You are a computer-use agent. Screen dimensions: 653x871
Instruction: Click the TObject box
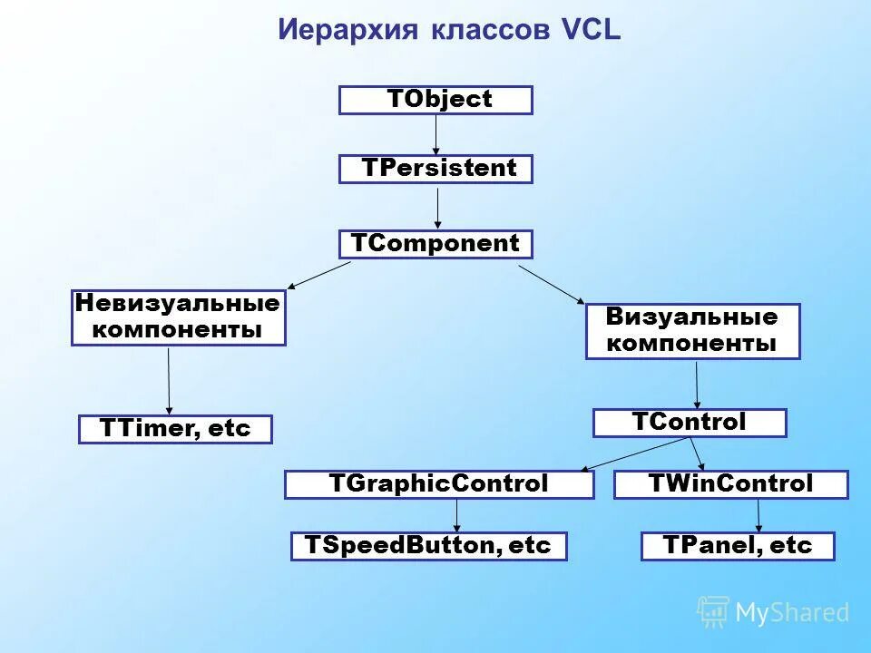pyautogui.click(x=435, y=100)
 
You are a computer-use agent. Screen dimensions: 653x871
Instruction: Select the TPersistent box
pyautogui.click(x=435, y=169)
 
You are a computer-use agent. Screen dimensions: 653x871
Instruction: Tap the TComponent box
pyautogui.click(x=435, y=244)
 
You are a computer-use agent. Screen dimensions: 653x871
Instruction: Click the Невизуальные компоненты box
pyautogui.click(x=179, y=317)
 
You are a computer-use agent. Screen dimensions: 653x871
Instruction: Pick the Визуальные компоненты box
pyautogui.click(x=692, y=331)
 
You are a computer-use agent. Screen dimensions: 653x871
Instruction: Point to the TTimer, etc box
pyautogui.click(x=175, y=429)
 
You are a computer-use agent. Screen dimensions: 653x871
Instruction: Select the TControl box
pyautogui.click(x=690, y=423)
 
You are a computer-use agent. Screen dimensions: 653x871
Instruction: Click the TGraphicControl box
pyautogui.click(x=439, y=484)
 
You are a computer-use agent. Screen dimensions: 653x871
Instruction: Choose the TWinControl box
pyautogui.click(x=730, y=484)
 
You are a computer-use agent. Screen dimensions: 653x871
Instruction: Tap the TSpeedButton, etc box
pyautogui.click(x=428, y=546)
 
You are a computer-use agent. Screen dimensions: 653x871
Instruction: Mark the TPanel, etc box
pyautogui.click(x=737, y=546)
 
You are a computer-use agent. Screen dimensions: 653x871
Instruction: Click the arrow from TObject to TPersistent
pyautogui.click(x=436, y=134)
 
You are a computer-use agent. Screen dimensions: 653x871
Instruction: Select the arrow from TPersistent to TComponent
pyautogui.click(x=438, y=207)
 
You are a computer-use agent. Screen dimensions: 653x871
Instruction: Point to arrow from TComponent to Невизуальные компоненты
pyautogui.click(x=319, y=275)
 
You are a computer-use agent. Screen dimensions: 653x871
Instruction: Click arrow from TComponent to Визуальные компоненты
pyautogui.click(x=552, y=284)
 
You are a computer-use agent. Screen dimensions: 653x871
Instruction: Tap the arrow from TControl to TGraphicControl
pyautogui.click(x=635, y=453)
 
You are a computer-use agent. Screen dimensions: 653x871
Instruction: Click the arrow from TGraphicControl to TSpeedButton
pyautogui.click(x=456, y=515)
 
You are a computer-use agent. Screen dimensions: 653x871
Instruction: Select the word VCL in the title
pyautogui.click(x=590, y=29)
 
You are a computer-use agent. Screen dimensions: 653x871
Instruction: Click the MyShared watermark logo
pyautogui.click(x=774, y=612)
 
